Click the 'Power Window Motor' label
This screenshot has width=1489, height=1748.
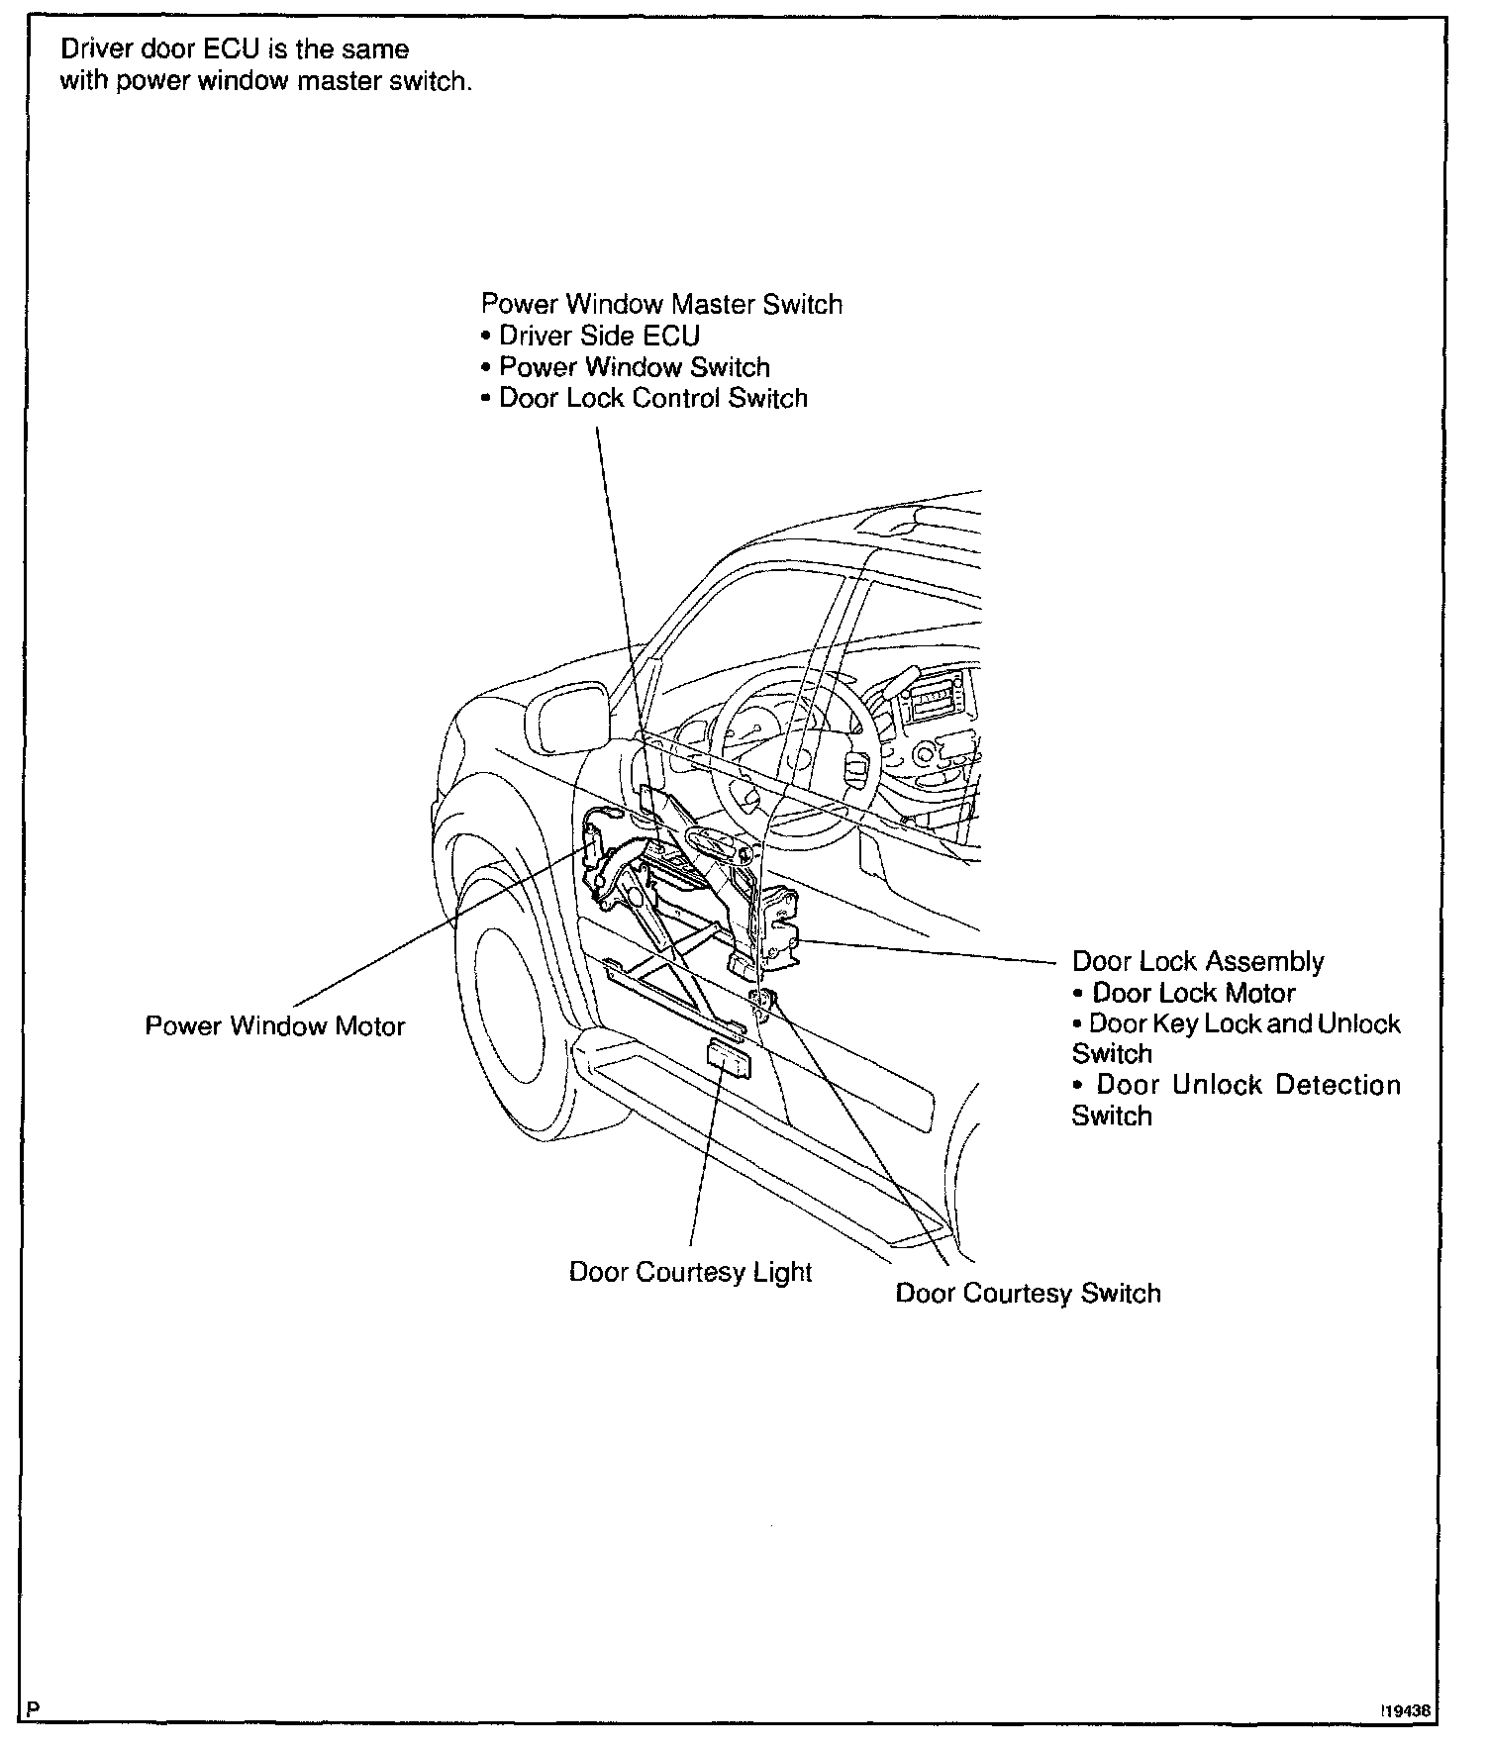(275, 1025)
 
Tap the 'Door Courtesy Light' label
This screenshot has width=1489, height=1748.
(690, 1272)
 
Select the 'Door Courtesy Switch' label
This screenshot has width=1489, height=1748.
(1028, 1294)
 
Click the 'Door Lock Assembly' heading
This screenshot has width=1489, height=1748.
(1198, 961)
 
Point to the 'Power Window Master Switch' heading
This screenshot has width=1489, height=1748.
(661, 304)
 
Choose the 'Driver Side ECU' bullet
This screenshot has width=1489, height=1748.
(599, 336)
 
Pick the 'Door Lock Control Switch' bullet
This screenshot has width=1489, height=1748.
(653, 398)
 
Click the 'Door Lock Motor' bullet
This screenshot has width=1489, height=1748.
(1193, 993)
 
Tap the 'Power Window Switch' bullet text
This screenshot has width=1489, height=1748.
(634, 367)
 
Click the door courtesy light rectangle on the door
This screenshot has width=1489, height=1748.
(729, 1060)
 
